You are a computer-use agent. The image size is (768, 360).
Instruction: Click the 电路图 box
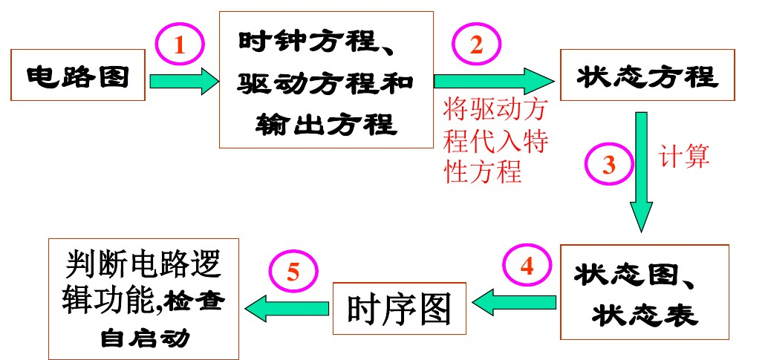click(x=77, y=76)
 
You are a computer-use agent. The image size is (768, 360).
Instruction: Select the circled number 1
click(x=179, y=46)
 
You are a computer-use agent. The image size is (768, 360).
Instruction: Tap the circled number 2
click(x=476, y=45)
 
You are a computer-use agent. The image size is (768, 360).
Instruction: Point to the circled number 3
click(x=609, y=164)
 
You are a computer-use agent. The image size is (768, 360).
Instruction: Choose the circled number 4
click(x=527, y=266)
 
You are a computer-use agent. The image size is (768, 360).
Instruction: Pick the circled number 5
click(x=293, y=272)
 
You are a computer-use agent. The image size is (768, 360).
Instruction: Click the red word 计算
click(x=685, y=156)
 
